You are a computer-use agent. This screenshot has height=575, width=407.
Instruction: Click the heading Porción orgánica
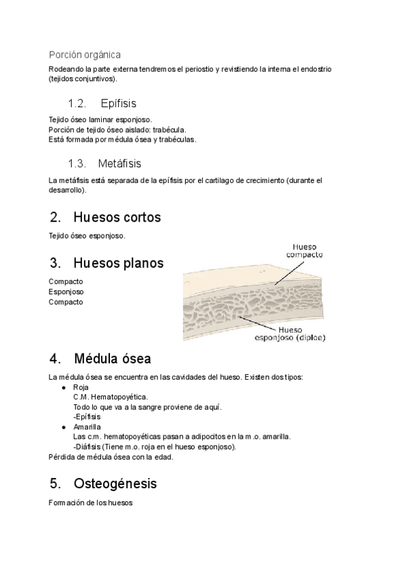85,54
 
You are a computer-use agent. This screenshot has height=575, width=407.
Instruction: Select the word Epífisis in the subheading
118,104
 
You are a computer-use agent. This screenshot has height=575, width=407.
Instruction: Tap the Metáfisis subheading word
119,163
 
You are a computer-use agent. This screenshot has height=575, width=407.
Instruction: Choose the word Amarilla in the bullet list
87,427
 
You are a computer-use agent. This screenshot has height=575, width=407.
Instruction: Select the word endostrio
313,70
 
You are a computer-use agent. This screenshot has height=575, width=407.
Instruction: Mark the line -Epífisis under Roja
86,417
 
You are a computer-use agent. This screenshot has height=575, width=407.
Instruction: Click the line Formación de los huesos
92,503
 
